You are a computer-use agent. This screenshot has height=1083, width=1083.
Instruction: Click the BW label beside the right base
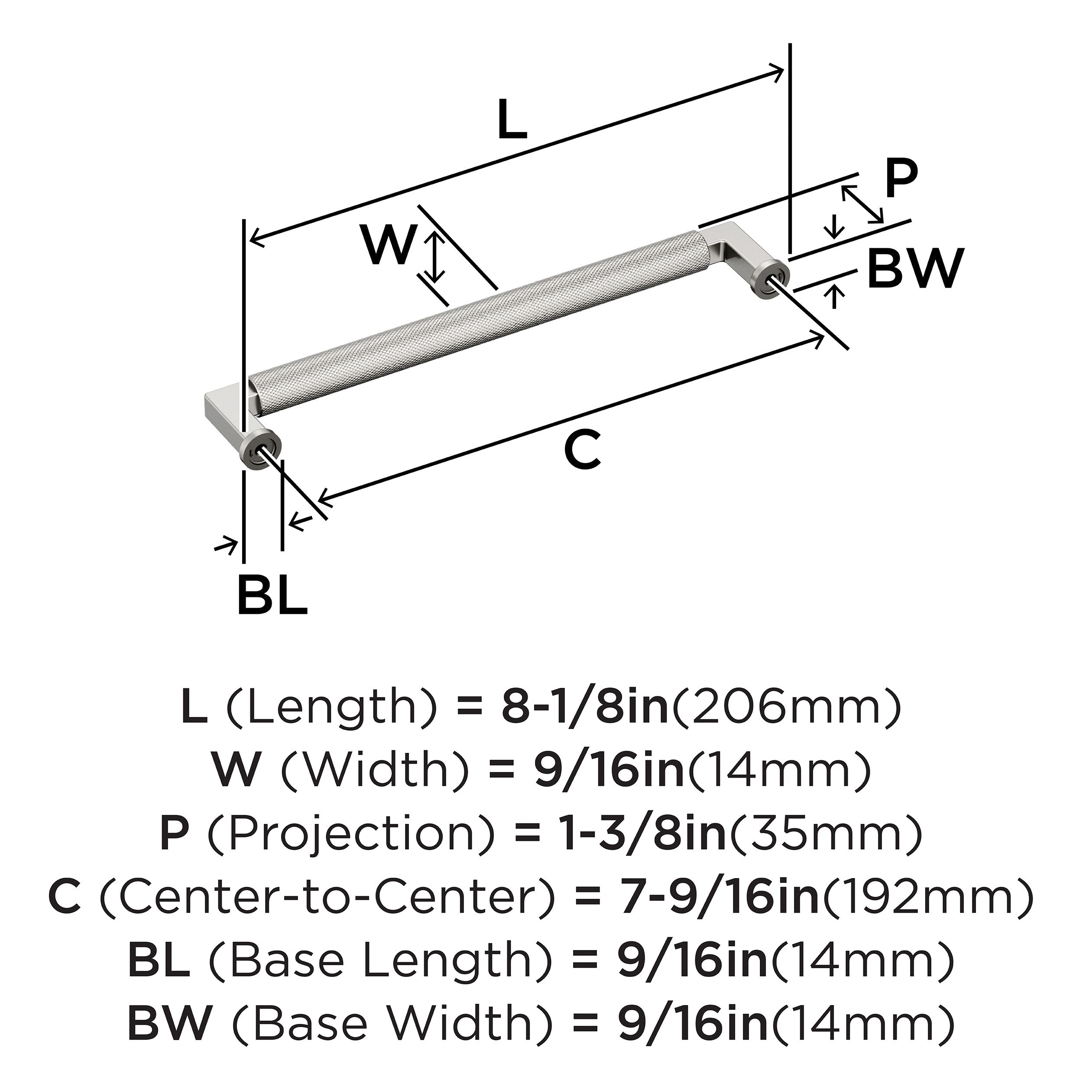pyautogui.click(x=915, y=269)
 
